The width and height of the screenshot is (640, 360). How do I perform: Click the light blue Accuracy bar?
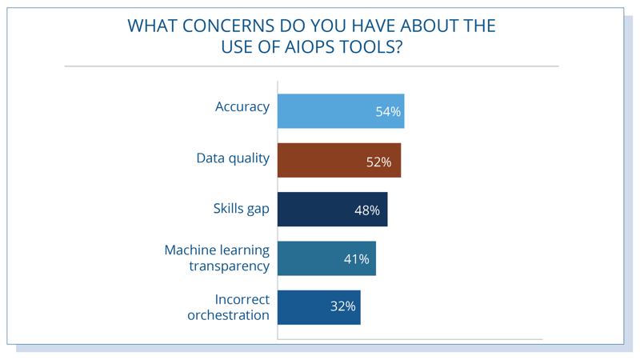(x=341, y=111)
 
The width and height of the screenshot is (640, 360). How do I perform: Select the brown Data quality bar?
(x=339, y=160)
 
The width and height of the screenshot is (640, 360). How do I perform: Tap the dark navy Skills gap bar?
(x=332, y=209)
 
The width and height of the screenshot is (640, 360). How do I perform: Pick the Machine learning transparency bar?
(x=326, y=258)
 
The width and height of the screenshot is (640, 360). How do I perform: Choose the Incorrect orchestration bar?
(x=318, y=307)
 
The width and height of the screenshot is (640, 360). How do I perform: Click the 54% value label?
(x=388, y=111)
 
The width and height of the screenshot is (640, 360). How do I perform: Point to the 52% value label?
(x=378, y=162)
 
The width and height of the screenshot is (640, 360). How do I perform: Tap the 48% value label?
(x=367, y=210)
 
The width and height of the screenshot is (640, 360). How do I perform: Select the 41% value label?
(x=356, y=258)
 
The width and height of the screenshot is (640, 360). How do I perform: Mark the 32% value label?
(x=343, y=306)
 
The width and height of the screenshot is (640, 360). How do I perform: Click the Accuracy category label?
(x=242, y=107)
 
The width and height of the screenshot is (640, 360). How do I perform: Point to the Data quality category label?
(x=233, y=158)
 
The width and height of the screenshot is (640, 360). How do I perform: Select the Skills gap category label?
(x=242, y=209)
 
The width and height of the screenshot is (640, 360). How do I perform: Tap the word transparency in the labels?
(x=229, y=266)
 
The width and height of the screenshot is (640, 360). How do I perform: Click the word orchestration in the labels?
(x=229, y=315)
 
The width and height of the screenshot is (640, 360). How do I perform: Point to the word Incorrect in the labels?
(x=242, y=299)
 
